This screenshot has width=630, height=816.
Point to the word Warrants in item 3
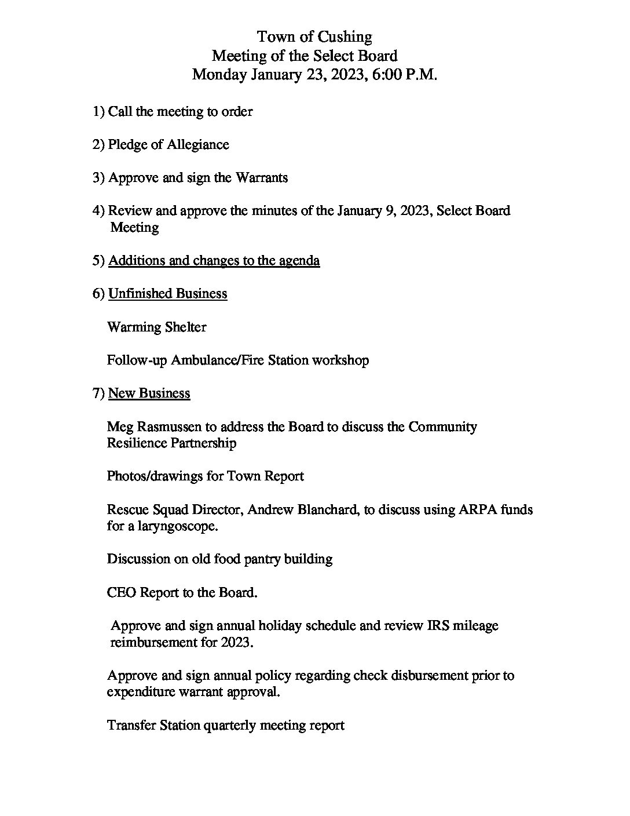click(x=261, y=177)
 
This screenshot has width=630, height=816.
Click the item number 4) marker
click(x=98, y=210)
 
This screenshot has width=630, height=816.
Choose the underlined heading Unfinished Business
click(x=167, y=294)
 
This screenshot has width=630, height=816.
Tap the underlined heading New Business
click(x=149, y=394)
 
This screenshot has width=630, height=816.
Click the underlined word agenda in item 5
click(x=299, y=261)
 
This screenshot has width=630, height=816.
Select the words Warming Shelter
click(x=156, y=327)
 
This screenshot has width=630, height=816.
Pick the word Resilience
click(x=137, y=443)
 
